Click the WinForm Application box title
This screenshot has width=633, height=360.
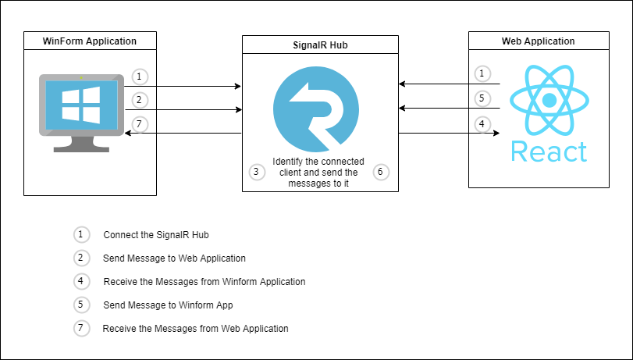click(x=90, y=41)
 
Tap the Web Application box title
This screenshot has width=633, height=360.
click(x=538, y=41)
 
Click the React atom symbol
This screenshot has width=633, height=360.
click(x=549, y=100)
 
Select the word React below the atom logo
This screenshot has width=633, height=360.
click(x=549, y=151)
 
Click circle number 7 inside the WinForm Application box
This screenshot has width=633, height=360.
click(x=139, y=123)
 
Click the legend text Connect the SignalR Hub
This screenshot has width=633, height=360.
click(x=155, y=235)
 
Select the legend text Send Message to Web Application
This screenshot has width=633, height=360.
click(x=174, y=258)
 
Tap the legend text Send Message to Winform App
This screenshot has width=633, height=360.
click(x=168, y=305)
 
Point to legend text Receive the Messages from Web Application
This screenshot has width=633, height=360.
click(x=195, y=329)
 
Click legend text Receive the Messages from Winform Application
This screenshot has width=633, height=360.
click(x=204, y=282)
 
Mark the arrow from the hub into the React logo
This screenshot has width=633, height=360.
click(x=449, y=134)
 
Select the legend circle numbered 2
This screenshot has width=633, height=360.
click(x=82, y=258)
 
